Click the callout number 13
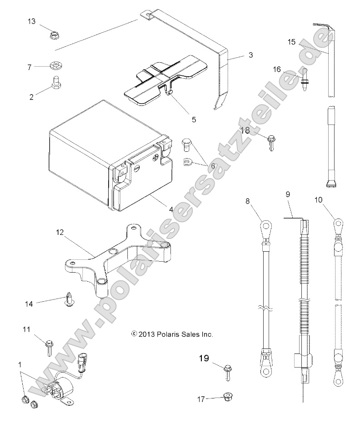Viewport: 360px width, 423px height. tap(31, 21)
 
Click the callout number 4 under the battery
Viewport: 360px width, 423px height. tap(171, 197)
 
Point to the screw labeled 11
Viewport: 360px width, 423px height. tap(48, 345)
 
